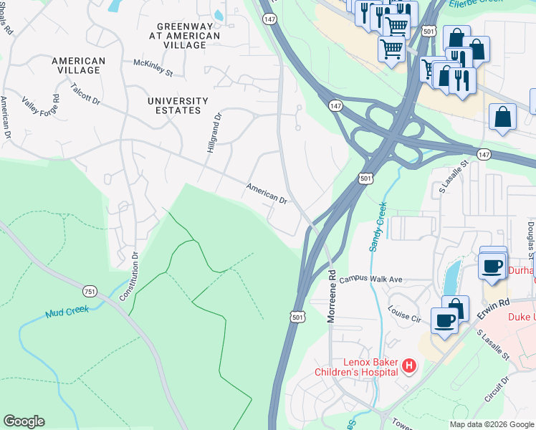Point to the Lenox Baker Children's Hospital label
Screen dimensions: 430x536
click(x=356, y=367)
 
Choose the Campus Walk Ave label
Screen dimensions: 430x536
click(x=372, y=279)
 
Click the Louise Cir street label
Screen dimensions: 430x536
click(x=403, y=315)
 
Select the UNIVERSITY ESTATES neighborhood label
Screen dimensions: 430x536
click(x=178, y=105)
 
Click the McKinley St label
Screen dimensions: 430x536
click(x=153, y=67)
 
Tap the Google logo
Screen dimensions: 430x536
click(x=24, y=421)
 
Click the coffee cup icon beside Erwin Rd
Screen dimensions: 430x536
click(x=444, y=321)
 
